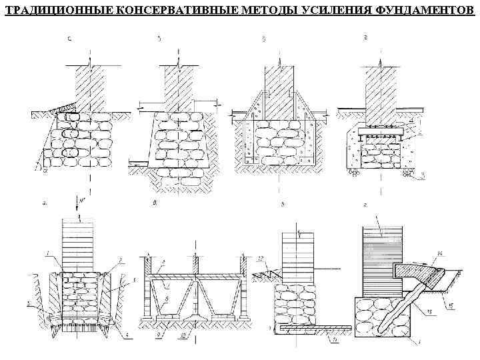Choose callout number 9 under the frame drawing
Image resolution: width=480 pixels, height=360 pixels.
pyautogui.click(x=159, y=337)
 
